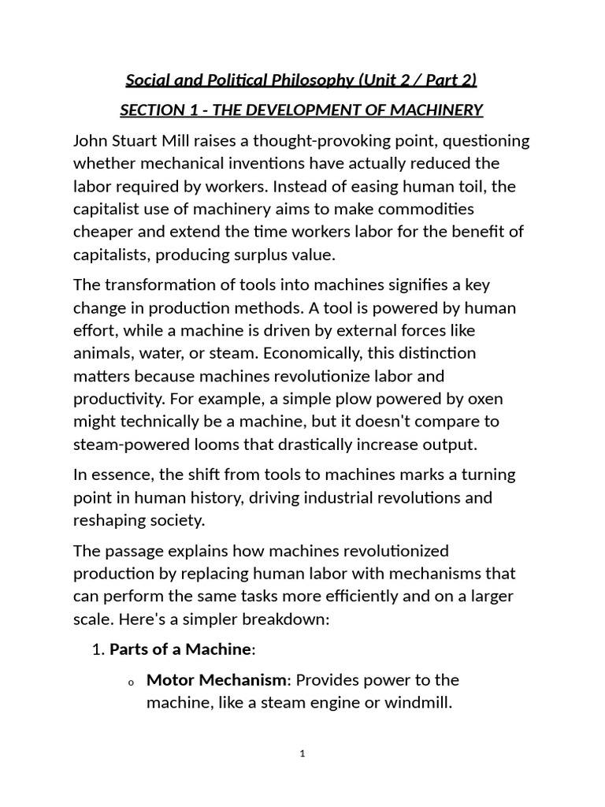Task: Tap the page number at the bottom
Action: click(x=302, y=753)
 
